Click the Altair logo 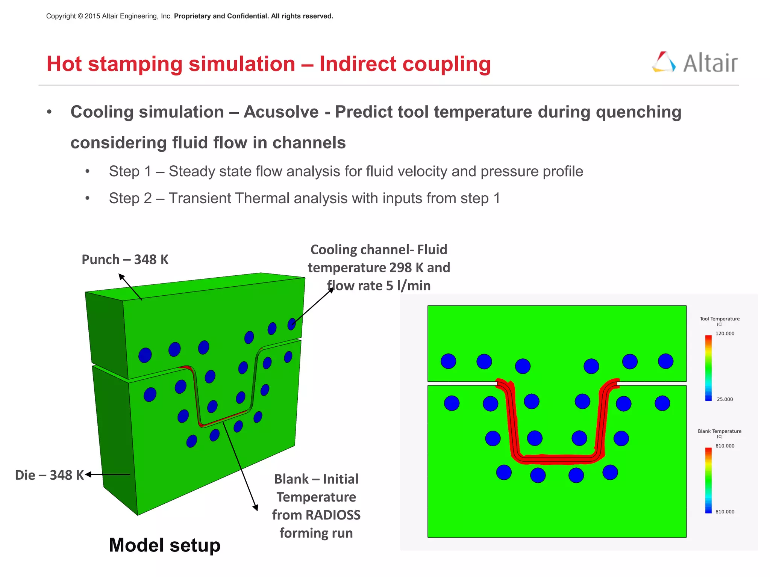[695, 63]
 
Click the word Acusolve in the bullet [281, 112]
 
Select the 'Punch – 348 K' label [125, 260]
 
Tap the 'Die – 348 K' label [49, 475]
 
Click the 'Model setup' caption [164, 545]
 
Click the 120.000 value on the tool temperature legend [725, 334]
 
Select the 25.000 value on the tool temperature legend [725, 399]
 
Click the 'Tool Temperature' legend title [719, 319]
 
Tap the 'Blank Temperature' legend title [719, 431]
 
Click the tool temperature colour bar [708, 367]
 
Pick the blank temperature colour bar [708, 480]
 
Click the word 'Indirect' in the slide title [357, 64]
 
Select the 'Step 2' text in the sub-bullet [130, 198]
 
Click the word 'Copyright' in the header [61, 16]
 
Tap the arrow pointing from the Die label [107, 474]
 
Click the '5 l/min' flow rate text [408, 286]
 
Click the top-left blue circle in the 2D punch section [448, 361]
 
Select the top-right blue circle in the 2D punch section [665, 361]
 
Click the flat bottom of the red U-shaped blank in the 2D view [556, 459]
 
